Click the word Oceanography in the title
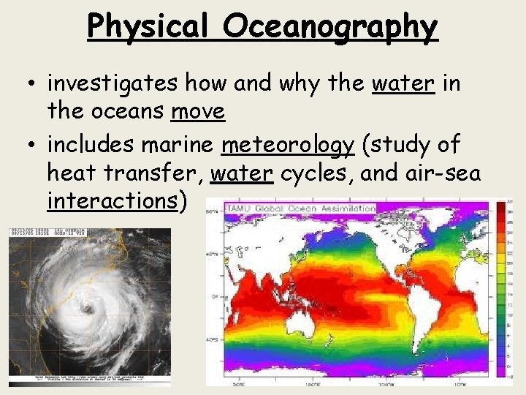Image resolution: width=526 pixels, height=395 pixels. point(331,26)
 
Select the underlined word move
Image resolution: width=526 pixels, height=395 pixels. point(198,111)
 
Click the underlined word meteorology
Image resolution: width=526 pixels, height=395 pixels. point(287,145)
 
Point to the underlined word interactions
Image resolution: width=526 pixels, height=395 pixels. point(112,201)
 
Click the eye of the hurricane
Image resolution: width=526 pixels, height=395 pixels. point(88,309)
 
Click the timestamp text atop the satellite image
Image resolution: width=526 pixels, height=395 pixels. point(47,232)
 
